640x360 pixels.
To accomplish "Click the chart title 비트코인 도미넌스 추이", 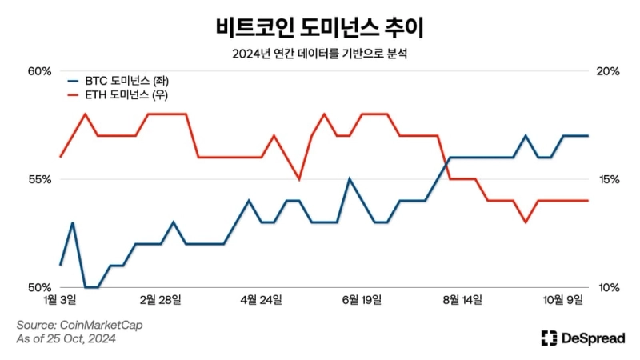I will click(320, 28).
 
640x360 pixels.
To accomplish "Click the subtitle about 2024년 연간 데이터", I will click(320, 54).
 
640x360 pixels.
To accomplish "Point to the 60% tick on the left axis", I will click(39, 71).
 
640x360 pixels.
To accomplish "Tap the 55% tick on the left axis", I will click(39, 179).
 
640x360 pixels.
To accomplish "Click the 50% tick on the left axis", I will click(39, 287).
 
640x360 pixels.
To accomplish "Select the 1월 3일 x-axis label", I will click(60, 300).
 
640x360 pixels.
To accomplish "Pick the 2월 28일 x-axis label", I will click(161, 300).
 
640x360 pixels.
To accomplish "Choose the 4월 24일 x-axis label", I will click(262, 300).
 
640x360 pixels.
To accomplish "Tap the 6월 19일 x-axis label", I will click(362, 300).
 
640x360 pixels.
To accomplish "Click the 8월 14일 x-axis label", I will click(462, 300).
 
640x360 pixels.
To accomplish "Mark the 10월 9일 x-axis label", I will click(564, 300).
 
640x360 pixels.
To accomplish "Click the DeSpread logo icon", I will click(549, 338).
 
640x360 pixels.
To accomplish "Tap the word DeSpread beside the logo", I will click(594, 338).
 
